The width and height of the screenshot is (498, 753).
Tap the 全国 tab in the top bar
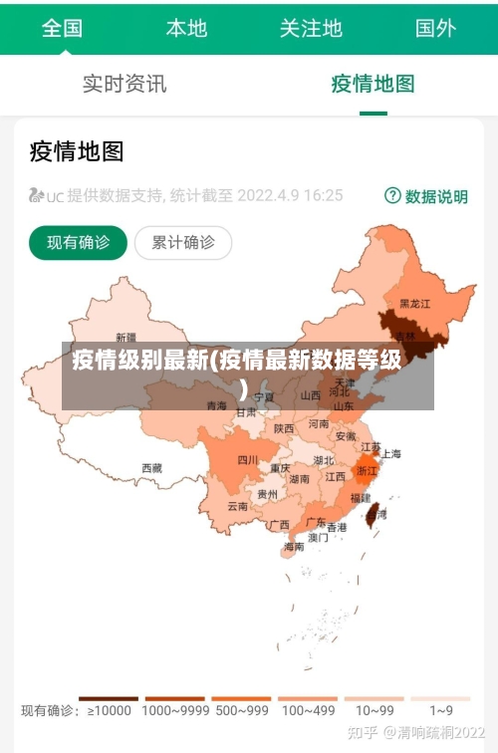coord(62,28)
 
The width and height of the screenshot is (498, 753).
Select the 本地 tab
coord(186,28)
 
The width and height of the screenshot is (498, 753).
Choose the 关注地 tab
coord(311,28)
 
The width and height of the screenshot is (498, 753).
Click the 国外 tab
coord(435,28)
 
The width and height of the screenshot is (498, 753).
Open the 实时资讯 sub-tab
coord(124,84)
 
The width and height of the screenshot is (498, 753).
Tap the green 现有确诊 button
coord(79,242)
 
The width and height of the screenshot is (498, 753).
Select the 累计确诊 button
coord(183,242)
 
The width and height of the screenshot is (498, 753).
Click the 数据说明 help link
coord(426,196)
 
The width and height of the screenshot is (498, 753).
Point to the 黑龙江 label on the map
coord(414,303)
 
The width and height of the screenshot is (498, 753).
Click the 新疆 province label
coord(126,337)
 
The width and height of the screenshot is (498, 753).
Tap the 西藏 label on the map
coord(151,467)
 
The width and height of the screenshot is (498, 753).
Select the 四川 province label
coord(248,459)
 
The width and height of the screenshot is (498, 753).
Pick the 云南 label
coord(237,506)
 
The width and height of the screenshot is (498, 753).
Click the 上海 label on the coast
coord(390,454)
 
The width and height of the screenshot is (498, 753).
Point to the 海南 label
coord(294,547)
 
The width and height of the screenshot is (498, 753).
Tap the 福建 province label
coord(360,497)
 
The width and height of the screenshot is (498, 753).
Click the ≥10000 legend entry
coord(109,710)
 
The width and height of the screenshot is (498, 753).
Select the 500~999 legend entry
coord(241,710)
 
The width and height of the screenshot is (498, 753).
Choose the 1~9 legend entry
coord(441,710)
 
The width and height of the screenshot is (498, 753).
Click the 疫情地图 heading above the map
coord(77,151)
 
